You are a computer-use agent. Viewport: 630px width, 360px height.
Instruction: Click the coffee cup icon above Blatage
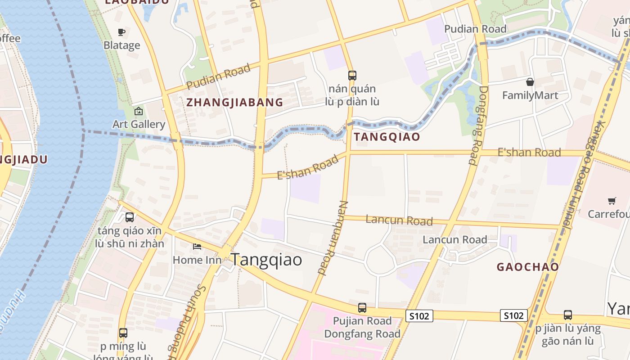(121, 32)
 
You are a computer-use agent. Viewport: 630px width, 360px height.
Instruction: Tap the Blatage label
(121, 45)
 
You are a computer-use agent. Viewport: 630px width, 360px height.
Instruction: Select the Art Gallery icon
(139, 111)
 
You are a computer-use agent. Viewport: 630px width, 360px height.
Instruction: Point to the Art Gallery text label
(139, 124)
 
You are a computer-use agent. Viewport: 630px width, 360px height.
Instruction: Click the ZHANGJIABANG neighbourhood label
(235, 103)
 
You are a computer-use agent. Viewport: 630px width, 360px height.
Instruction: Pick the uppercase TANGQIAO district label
(387, 137)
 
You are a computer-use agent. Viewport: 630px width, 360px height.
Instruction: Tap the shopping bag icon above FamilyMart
(530, 82)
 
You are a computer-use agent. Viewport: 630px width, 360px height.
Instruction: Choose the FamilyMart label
(530, 95)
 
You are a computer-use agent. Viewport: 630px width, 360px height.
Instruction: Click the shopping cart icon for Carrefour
(612, 201)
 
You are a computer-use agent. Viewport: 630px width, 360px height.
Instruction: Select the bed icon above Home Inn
(197, 246)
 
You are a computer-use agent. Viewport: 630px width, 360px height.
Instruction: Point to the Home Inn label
(197, 260)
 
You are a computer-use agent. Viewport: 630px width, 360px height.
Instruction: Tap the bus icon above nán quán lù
(352, 75)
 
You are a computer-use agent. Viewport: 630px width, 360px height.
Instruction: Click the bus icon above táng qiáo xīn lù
(130, 217)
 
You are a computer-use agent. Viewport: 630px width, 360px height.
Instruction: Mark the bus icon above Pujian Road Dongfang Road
(362, 308)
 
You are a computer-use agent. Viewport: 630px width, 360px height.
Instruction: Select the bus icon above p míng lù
(123, 333)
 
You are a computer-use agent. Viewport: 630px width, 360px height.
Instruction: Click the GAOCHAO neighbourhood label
(527, 267)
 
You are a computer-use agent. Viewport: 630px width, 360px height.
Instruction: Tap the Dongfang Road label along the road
(478, 125)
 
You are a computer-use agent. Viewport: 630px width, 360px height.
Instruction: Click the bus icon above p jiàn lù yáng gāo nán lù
(568, 315)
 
